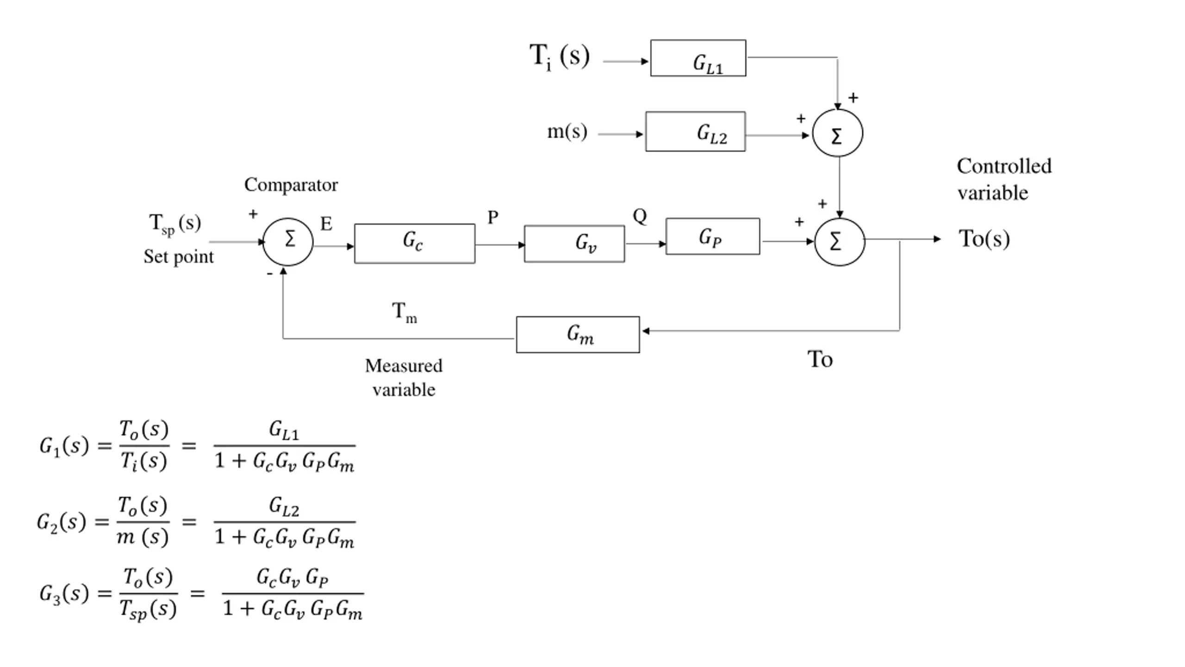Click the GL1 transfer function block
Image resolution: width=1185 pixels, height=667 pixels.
[698, 58]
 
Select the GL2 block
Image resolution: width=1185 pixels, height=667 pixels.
[695, 132]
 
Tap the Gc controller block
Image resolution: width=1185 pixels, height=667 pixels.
[414, 244]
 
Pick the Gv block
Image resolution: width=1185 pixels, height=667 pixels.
[574, 244]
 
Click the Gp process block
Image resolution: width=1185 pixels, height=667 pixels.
[712, 237]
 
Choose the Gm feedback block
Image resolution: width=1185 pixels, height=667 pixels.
[578, 334]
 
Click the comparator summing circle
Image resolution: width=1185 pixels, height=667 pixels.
[288, 241]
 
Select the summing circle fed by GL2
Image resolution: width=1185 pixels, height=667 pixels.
[837, 133]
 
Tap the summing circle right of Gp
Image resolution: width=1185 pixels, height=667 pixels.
[839, 242]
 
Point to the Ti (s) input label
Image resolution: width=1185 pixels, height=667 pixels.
[559, 57]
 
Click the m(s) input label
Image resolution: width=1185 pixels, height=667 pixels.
[567, 132]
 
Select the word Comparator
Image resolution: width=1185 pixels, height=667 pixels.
[291, 185]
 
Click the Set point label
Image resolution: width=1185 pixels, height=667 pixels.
[178, 257]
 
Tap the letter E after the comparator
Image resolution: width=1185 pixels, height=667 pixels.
[326, 224]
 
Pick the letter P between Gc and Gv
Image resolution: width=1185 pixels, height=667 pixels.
[493, 217]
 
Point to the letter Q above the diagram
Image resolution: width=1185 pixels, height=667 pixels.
[639, 216]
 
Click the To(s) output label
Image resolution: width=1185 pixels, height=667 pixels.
[984, 239]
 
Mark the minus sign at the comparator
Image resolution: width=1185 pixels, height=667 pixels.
[269, 274]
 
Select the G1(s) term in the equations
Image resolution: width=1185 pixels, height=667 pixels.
[64, 446]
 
